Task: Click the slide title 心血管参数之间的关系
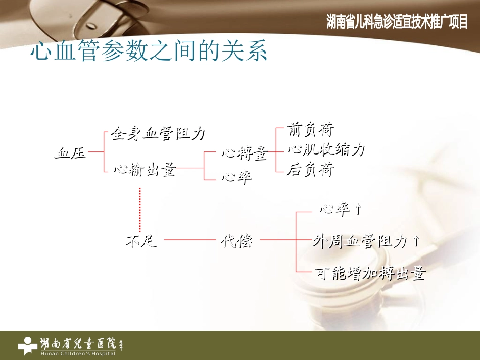[x=149, y=53]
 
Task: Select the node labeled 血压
[x=70, y=153]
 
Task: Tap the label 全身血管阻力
[x=158, y=134]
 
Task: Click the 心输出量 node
[x=144, y=170]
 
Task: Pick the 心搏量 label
[x=244, y=153]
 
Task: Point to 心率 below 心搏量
[x=236, y=178]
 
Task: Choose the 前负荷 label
[x=310, y=130]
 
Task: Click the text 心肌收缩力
[x=326, y=149]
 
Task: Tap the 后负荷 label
[x=310, y=169]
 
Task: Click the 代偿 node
[x=236, y=241]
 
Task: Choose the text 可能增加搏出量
[x=370, y=273]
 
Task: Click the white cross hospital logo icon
[x=27, y=345]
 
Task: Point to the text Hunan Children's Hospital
[x=78, y=353]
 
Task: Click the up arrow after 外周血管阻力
[x=416, y=241]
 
